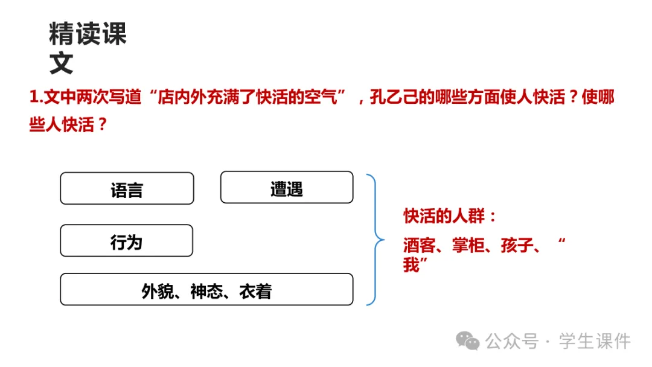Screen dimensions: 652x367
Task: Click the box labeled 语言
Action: tap(127, 188)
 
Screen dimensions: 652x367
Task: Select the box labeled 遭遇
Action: tap(286, 188)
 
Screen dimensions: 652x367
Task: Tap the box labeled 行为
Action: tap(126, 241)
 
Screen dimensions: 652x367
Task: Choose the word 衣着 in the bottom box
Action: tap(255, 290)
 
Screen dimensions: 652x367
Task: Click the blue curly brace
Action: tap(375, 240)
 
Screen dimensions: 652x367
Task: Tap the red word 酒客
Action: tap(420, 245)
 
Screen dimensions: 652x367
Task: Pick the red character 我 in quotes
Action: tap(412, 264)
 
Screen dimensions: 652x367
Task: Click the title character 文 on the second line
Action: tap(62, 63)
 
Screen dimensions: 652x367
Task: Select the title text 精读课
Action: tap(88, 34)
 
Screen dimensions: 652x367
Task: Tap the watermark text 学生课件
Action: tap(595, 341)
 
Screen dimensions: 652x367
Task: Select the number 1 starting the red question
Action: tap(34, 97)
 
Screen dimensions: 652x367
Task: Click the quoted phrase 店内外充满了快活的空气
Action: tap(250, 97)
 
